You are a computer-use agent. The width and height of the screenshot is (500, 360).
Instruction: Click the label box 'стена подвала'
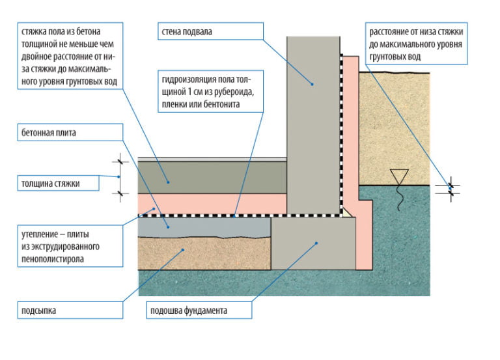click(x=210, y=31)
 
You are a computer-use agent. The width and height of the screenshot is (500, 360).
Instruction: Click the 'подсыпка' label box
click(x=70, y=311)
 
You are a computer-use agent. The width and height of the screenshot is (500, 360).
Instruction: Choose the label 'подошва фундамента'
click(x=199, y=311)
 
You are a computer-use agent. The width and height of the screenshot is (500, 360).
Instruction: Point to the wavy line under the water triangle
click(x=399, y=198)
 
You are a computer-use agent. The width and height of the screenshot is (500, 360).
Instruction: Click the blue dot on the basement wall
click(x=312, y=84)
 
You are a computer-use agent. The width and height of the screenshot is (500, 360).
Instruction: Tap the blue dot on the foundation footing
click(x=316, y=243)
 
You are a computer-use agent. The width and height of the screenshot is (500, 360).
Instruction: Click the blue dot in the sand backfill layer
click(x=183, y=250)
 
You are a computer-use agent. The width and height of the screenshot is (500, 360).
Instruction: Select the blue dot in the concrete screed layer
click(x=168, y=182)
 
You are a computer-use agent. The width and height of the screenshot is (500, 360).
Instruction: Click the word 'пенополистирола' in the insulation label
click(x=53, y=258)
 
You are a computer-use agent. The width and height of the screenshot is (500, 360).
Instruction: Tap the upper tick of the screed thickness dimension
click(x=120, y=161)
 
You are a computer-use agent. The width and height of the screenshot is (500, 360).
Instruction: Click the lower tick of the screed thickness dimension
click(x=120, y=193)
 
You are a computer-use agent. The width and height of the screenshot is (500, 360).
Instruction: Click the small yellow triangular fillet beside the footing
click(x=346, y=213)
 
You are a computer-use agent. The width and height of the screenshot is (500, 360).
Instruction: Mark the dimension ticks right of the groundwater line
click(x=451, y=189)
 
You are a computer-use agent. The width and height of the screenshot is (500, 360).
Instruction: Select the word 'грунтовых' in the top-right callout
click(x=387, y=57)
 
